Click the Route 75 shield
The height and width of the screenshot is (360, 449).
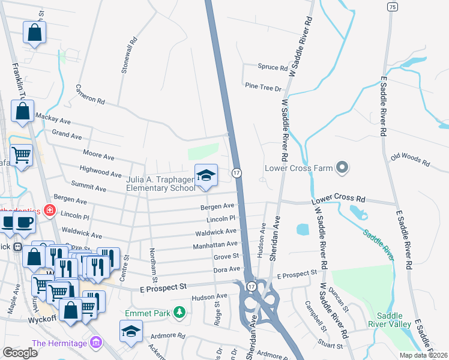392,7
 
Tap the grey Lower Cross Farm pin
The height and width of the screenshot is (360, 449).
342,167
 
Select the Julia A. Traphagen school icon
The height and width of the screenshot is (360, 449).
206,175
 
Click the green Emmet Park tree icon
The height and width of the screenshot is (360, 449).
178,312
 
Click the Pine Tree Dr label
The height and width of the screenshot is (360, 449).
263,88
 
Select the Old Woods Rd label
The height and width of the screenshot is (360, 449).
410,159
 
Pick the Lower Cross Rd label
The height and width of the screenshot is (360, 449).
338,198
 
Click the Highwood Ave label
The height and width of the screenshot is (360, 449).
101,173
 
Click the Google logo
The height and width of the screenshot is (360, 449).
20,352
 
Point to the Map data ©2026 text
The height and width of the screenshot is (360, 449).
423,355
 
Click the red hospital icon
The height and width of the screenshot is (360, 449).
49,211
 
